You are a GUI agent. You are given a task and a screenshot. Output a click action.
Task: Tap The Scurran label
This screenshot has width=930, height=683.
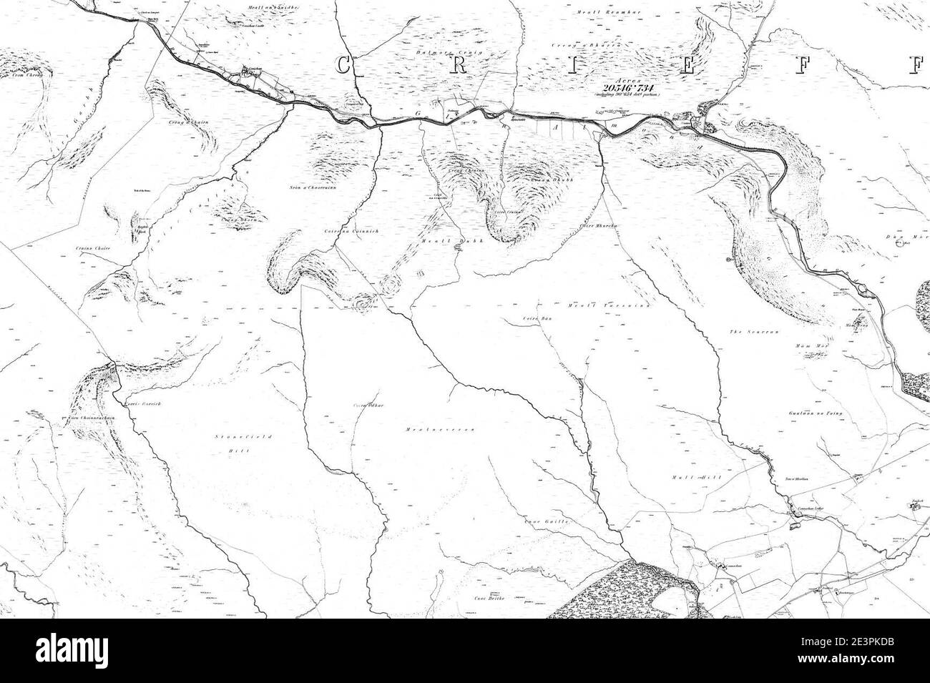pos(747,333)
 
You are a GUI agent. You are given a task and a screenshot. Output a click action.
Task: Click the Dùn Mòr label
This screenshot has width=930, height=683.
pos(916,236)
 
